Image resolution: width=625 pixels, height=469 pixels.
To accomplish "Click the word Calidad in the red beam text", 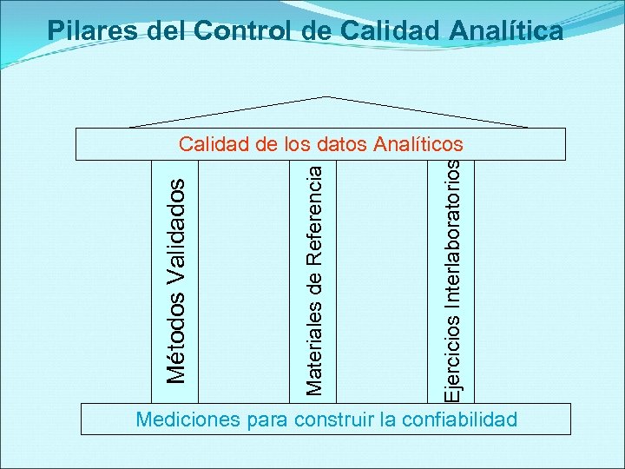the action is point(214,143).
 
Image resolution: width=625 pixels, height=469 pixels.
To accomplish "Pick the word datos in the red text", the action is point(342,143).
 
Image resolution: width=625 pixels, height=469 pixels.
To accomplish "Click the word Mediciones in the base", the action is point(189,420).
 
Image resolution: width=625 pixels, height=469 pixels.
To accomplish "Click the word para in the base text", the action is point(269,420).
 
